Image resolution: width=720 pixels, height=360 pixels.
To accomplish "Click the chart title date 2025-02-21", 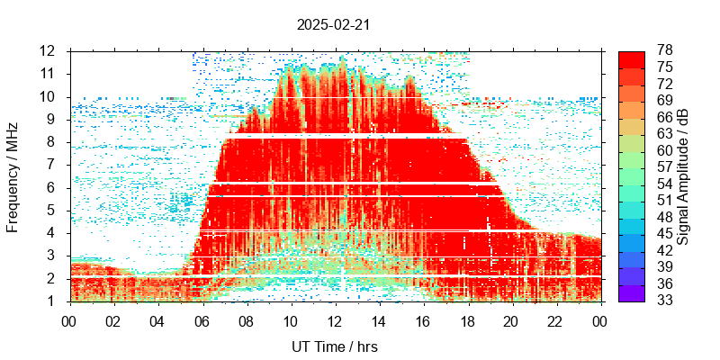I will [333, 25].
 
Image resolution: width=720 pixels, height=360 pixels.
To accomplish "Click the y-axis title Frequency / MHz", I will [13, 175].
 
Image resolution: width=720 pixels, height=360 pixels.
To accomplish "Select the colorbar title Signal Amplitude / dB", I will [684, 175].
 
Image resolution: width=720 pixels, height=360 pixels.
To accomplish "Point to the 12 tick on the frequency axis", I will [48, 50].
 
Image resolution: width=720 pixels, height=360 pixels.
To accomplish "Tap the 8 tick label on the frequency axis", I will [51, 142].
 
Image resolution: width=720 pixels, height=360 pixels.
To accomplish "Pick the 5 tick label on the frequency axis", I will [51, 211].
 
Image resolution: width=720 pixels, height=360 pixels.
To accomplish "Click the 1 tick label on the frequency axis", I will [51, 302].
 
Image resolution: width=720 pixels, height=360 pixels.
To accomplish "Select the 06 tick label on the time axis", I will [202, 319].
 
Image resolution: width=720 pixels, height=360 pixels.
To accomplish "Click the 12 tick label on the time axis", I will [334, 319].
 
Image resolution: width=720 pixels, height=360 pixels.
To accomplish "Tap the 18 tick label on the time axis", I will [466, 319].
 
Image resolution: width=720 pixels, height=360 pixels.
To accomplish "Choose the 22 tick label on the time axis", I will [554, 319].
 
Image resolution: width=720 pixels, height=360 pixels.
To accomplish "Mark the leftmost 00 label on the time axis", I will [69, 319].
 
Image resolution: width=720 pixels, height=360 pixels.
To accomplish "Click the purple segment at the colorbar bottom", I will [632, 293].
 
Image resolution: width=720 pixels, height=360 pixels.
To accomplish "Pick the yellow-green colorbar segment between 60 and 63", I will [632, 142].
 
